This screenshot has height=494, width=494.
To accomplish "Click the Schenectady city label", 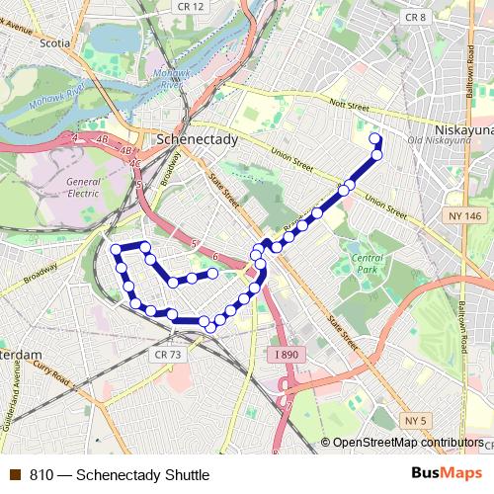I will (x=198, y=140).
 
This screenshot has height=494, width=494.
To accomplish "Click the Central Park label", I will (x=367, y=264).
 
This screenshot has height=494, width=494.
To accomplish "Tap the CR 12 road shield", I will (x=193, y=7).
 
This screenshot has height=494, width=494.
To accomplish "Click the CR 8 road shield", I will (x=416, y=17).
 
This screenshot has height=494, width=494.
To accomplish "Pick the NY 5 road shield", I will (x=416, y=421).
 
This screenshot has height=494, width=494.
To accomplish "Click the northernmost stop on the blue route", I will (x=374, y=138).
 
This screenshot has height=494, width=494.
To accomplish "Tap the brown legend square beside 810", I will (x=14, y=474).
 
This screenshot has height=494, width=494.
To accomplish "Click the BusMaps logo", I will (x=441, y=473).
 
